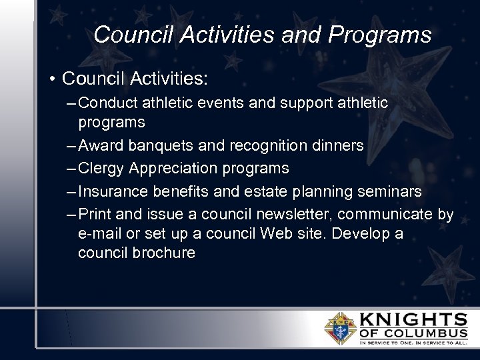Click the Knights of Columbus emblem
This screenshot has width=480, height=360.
(339, 327)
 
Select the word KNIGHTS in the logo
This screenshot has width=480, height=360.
(414, 319)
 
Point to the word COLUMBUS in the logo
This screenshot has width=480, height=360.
(427, 333)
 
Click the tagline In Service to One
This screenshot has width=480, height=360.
(387, 343)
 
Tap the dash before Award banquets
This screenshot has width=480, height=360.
(71, 145)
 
